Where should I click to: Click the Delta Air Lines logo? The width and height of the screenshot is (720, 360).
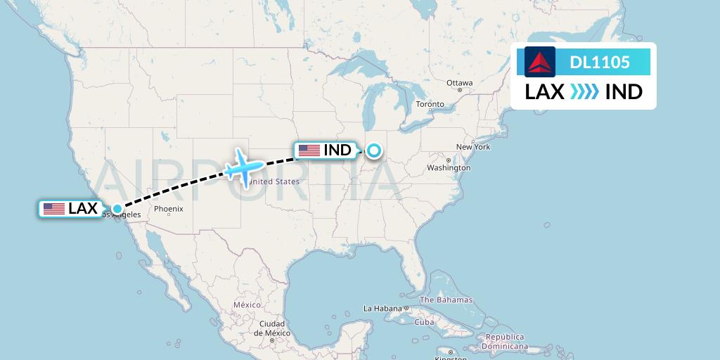pyautogui.click(x=540, y=62)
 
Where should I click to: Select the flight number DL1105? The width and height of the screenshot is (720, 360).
pyautogui.click(x=600, y=63)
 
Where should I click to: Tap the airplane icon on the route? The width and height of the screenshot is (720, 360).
pyautogui.click(x=243, y=167)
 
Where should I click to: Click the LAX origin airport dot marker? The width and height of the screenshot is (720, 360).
pyautogui.click(x=117, y=208)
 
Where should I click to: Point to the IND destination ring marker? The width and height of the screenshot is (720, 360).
pyautogui.click(x=373, y=150)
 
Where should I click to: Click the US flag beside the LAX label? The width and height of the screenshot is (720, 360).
pyautogui.click(x=54, y=209)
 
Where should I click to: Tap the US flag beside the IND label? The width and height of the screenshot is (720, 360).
pyautogui.click(x=309, y=150)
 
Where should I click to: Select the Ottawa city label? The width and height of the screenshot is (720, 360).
pyautogui.click(x=459, y=83)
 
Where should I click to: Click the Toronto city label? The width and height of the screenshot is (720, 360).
pyautogui.click(x=430, y=105)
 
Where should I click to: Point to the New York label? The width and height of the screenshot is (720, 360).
pyautogui.click(x=472, y=147)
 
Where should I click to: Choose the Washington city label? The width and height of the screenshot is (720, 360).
pyautogui.click(x=448, y=168)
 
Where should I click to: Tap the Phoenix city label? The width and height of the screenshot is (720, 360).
pyautogui.click(x=169, y=209)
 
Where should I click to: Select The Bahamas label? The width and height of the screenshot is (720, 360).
pyautogui.click(x=446, y=300)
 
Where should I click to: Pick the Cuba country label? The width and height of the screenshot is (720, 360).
pyautogui.click(x=424, y=323)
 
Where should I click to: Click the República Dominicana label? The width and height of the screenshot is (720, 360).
pyautogui.click(x=506, y=342)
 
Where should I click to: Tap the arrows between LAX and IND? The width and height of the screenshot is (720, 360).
pyautogui.click(x=584, y=92)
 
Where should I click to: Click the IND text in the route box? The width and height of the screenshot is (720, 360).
pyautogui.click(x=624, y=92)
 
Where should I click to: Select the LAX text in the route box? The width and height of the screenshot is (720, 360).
pyautogui.click(x=545, y=92)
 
